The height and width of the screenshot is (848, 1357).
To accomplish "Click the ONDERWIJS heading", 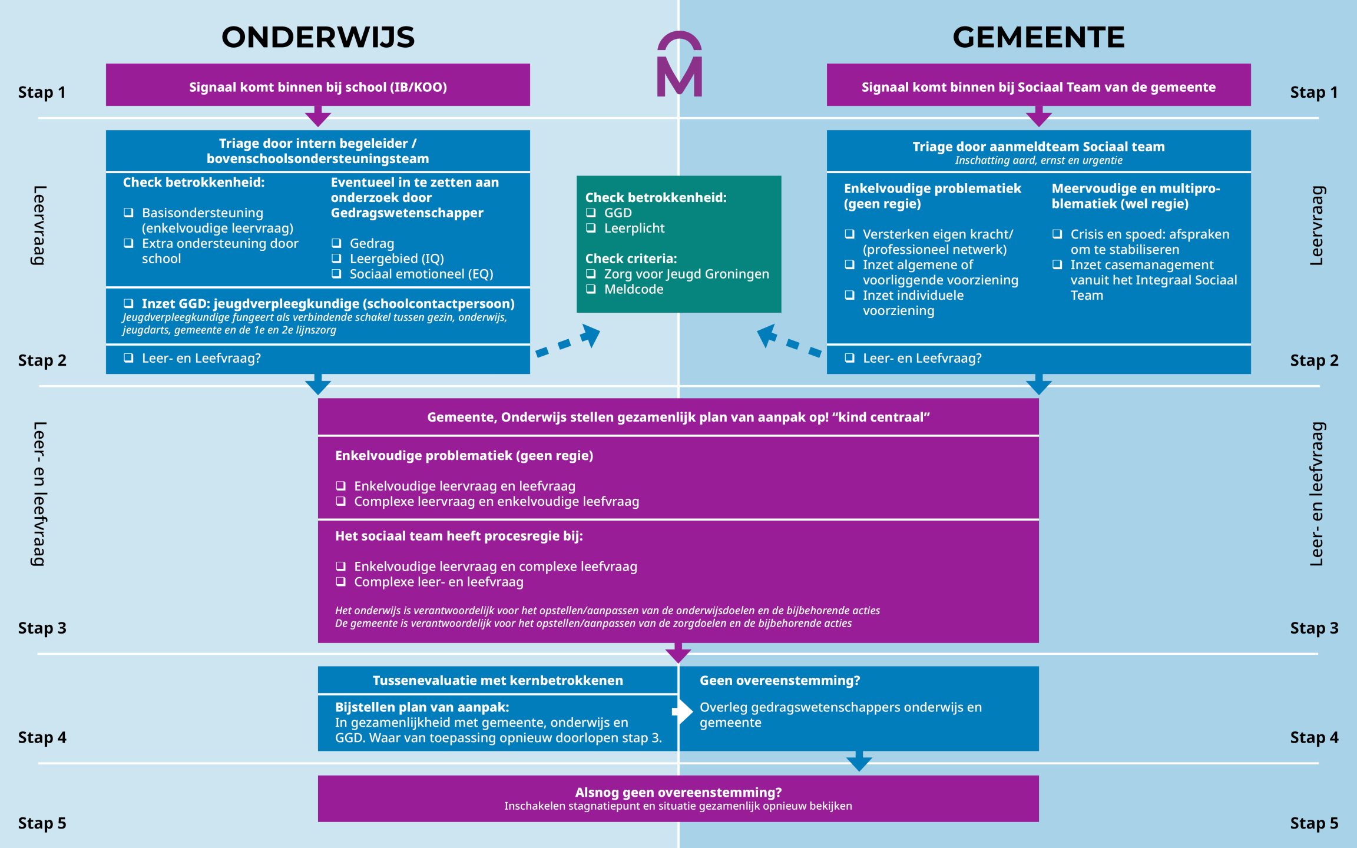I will point(318,37).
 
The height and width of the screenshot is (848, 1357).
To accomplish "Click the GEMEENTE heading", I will point(1038,37).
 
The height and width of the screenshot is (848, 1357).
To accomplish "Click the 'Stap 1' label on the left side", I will point(41,92).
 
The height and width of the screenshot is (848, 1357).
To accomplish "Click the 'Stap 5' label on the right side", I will point(1314,823).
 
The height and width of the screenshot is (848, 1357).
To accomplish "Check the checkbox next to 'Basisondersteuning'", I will point(128,213).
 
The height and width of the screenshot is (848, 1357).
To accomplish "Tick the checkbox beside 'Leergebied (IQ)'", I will point(336,258).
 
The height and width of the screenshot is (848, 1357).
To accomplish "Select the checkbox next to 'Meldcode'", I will point(591,289).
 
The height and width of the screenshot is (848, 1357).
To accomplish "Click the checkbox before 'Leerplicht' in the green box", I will point(591,228).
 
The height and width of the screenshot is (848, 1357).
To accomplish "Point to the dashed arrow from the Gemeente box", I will point(789,342).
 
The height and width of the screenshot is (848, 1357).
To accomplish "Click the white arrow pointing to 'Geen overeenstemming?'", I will point(683,711).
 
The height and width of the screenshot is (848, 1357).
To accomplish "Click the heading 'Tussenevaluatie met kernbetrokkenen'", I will point(498,680).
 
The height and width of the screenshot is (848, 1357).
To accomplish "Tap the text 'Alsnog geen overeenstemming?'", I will point(678,792).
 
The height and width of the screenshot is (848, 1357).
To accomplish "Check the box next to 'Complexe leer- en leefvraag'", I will point(340,582).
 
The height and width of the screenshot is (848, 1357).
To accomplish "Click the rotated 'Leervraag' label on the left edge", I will point(39,225).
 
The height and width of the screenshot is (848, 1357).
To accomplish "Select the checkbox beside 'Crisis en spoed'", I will point(1057,234).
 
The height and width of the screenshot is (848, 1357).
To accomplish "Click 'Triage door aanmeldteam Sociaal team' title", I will point(1038,147).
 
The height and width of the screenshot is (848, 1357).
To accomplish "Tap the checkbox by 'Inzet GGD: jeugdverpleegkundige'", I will point(128,303).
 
